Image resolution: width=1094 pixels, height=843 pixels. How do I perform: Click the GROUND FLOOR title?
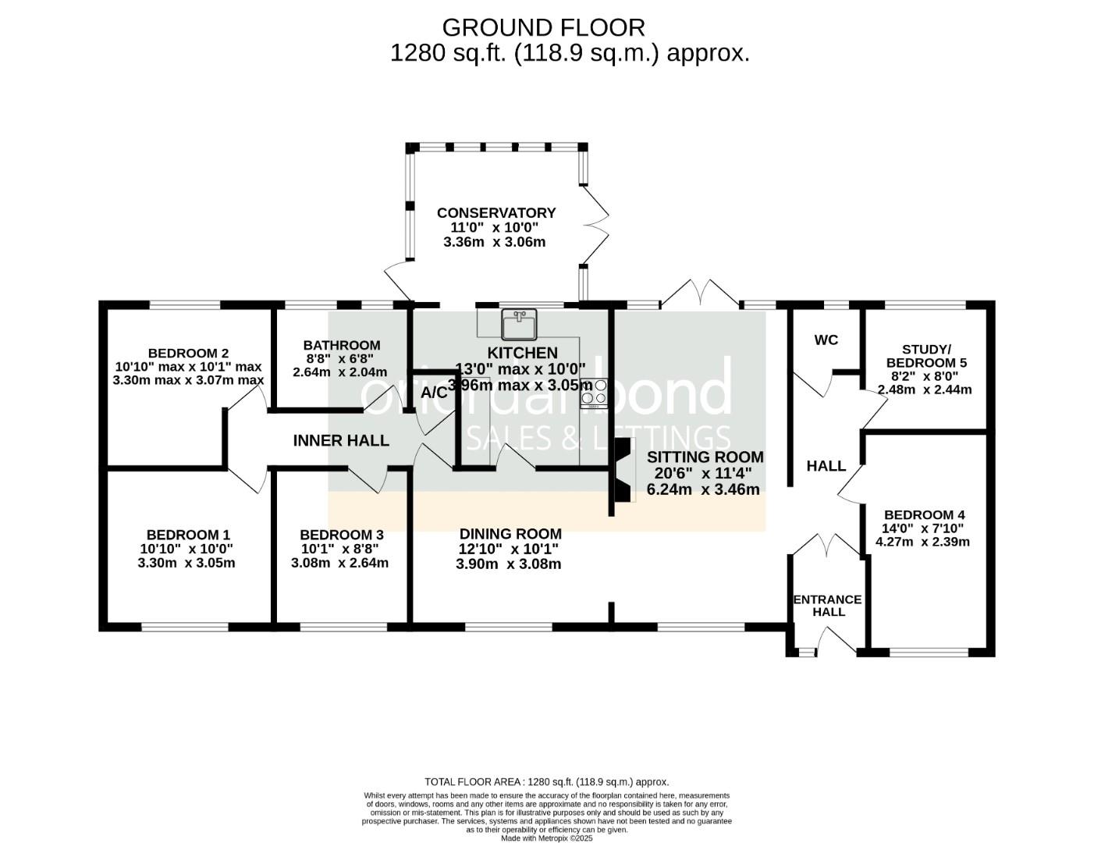543,27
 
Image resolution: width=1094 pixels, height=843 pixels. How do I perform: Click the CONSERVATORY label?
496,213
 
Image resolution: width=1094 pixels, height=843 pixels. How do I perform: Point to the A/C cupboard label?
435,393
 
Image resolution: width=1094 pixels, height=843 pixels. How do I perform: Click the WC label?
826,340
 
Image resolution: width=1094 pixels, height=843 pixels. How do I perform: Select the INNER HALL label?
341,441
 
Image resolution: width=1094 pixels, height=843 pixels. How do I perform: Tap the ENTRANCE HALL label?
827,606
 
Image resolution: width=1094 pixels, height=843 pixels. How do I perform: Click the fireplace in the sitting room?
622,470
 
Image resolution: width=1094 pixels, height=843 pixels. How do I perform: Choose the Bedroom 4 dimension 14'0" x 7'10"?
924,528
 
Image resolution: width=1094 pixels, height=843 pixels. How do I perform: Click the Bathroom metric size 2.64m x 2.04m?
339,372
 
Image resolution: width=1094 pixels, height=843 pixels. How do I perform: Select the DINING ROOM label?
510,534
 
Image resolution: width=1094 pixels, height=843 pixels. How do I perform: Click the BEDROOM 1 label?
188,535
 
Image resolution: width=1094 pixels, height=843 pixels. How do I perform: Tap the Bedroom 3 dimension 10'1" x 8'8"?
341,549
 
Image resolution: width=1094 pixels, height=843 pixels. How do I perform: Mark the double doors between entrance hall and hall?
827,545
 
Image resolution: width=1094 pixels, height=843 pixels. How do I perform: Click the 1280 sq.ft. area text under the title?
570,53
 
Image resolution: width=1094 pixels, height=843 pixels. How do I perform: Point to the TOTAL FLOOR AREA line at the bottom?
546,781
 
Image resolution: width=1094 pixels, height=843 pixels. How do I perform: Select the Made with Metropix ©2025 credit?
546,838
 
